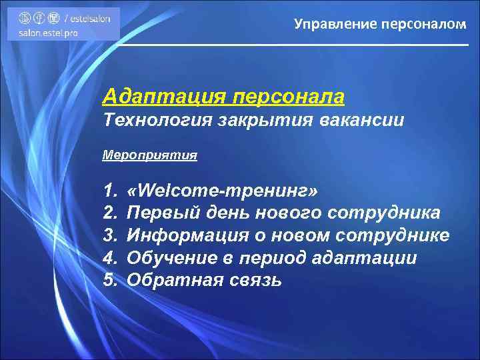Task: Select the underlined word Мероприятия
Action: click(x=150, y=155)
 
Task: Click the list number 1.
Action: click(x=109, y=192)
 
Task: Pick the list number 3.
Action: click(x=110, y=236)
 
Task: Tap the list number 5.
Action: click(x=110, y=280)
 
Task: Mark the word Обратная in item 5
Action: click(x=173, y=280)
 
